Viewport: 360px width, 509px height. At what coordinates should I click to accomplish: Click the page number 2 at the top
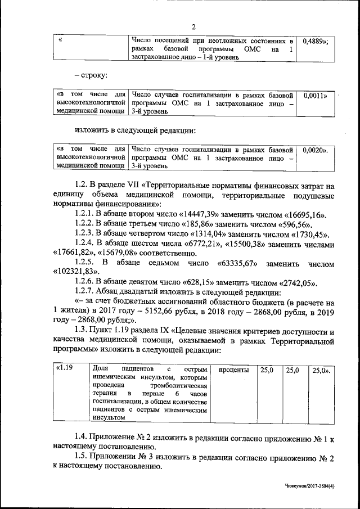193,26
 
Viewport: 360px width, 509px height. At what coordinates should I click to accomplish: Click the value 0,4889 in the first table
315,41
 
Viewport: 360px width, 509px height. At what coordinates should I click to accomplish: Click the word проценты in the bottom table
233,370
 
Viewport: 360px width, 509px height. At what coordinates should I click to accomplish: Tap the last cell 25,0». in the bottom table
321,370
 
